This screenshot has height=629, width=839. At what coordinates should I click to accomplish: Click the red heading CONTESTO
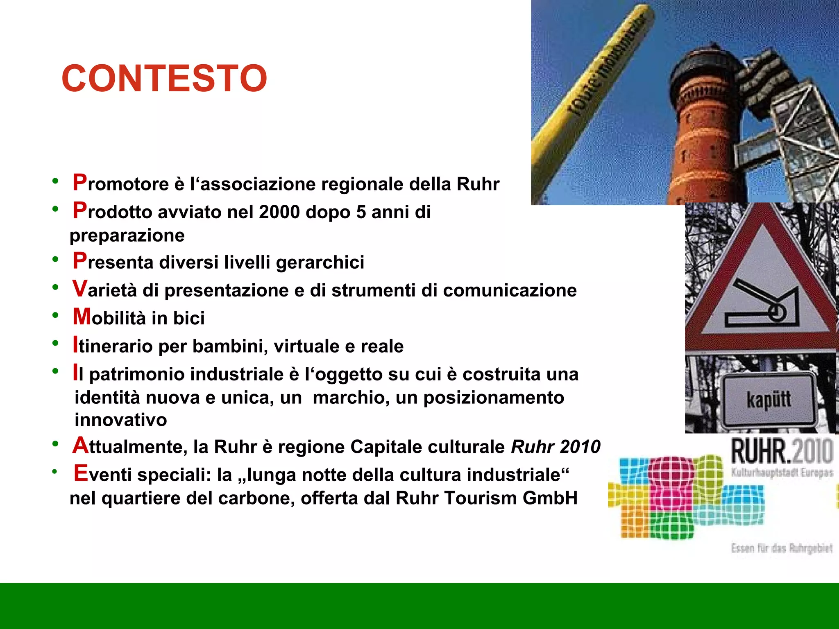164,78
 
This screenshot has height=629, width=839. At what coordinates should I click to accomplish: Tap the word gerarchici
320,262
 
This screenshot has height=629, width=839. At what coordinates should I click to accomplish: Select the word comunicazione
510,290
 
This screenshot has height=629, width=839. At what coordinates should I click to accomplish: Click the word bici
188,318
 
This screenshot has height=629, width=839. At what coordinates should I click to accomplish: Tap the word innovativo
120,420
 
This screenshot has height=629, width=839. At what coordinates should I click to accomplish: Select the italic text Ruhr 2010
556,447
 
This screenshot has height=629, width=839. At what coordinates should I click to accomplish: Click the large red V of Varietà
80,288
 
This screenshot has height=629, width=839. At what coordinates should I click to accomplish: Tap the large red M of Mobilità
82,317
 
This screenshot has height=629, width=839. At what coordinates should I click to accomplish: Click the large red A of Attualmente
80,445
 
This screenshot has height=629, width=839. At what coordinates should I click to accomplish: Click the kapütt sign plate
768,400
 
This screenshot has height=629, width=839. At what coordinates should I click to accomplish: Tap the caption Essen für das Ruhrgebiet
781,548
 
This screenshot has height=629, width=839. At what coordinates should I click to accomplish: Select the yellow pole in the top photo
590,102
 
